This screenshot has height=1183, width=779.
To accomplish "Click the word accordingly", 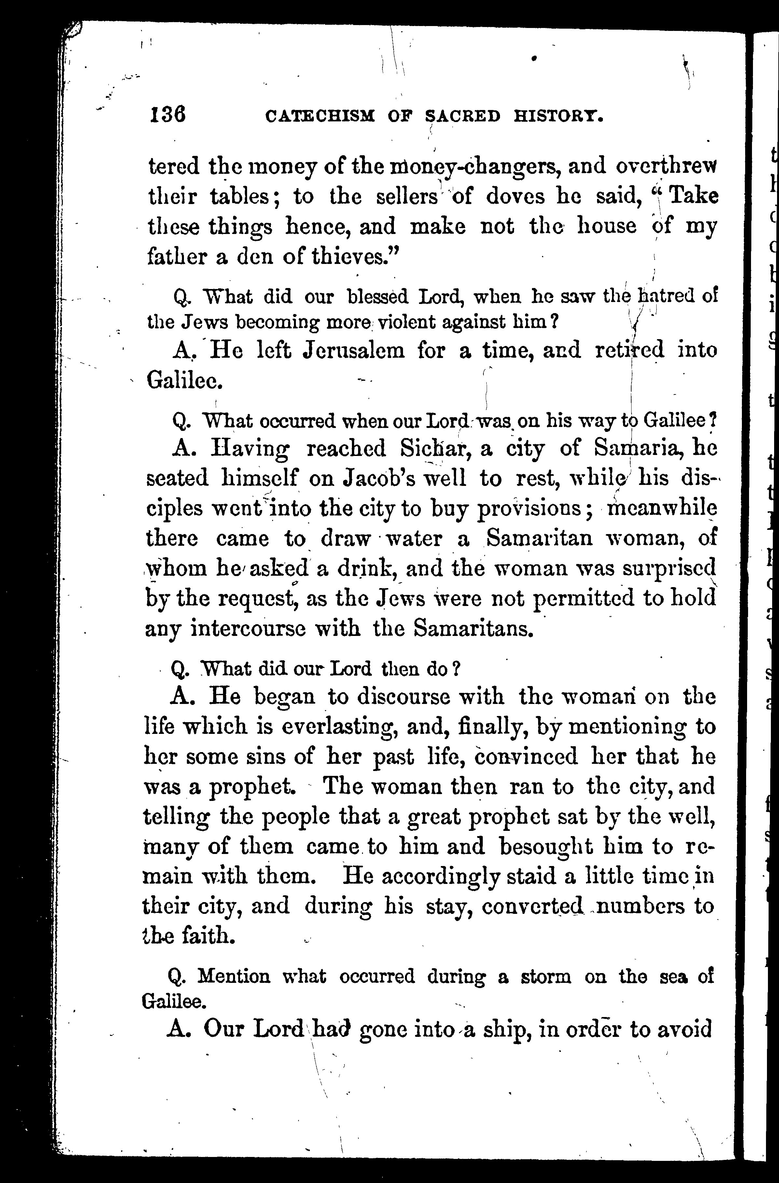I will click(441, 876).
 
